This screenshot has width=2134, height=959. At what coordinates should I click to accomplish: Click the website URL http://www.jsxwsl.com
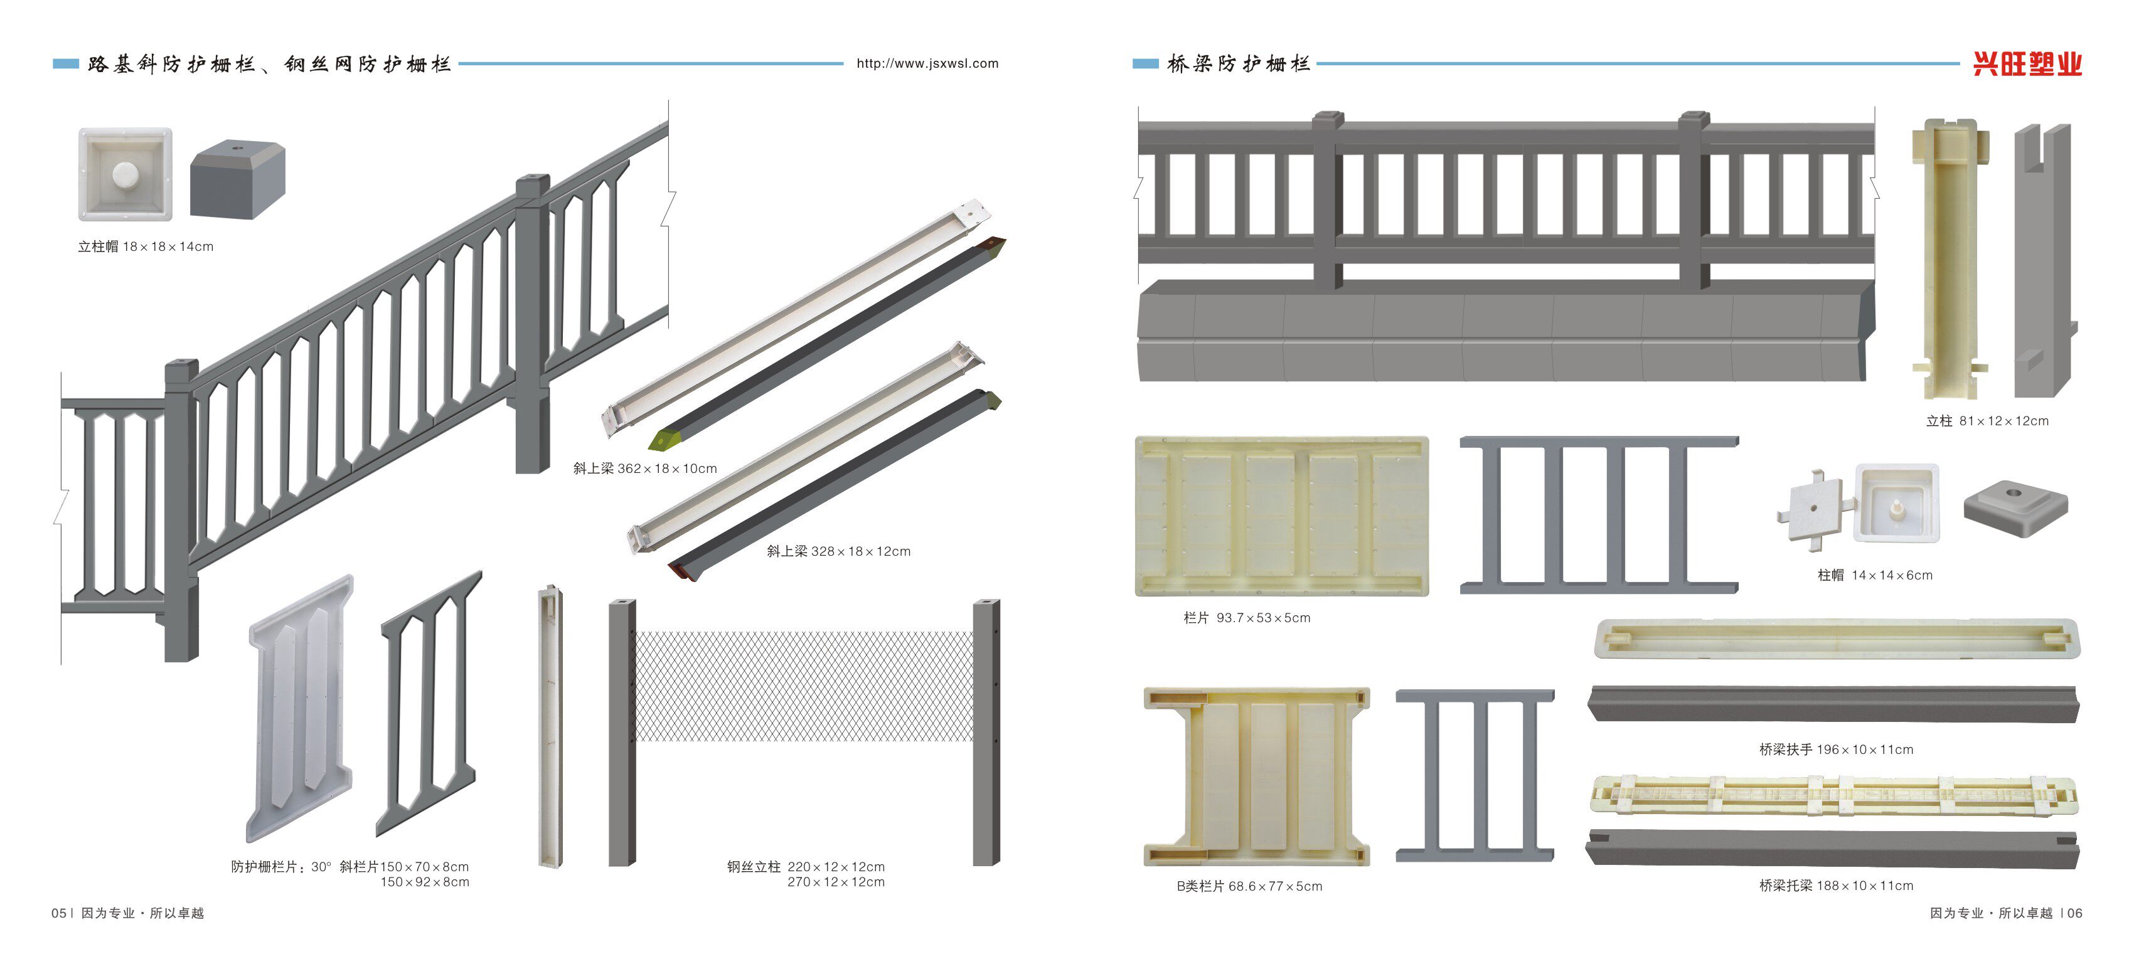pyautogui.click(x=927, y=64)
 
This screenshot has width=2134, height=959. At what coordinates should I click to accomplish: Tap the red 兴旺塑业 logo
pyautogui.click(x=2027, y=64)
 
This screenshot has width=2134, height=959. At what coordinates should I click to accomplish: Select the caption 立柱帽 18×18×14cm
pyautogui.click(x=146, y=246)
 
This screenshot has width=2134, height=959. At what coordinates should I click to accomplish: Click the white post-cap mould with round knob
pyautogui.click(x=125, y=174)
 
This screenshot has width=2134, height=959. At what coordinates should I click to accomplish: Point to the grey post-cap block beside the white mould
pyautogui.click(x=238, y=179)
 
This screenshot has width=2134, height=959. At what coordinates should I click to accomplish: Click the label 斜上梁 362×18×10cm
pyautogui.click(x=644, y=469)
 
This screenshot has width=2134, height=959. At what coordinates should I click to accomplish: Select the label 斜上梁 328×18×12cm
pyautogui.click(x=838, y=551)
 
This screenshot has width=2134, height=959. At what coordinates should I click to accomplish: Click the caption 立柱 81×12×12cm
pyautogui.click(x=1987, y=421)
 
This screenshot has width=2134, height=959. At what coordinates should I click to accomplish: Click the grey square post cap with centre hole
pyautogui.click(x=2015, y=507)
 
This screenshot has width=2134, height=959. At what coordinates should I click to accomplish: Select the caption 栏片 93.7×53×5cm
pyautogui.click(x=1246, y=618)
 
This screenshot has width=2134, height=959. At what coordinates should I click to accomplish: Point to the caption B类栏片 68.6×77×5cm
pyautogui.click(x=1249, y=886)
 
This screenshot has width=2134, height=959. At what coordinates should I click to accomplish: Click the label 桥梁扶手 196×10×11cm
pyautogui.click(x=1836, y=750)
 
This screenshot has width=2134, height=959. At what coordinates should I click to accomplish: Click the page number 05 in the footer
pyautogui.click(x=59, y=913)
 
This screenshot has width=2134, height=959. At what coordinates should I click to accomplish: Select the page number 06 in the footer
pyautogui.click(x=2074, y=913)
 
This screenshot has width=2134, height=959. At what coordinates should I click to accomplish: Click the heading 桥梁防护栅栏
pyautogui.click(x=1239, y=64)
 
